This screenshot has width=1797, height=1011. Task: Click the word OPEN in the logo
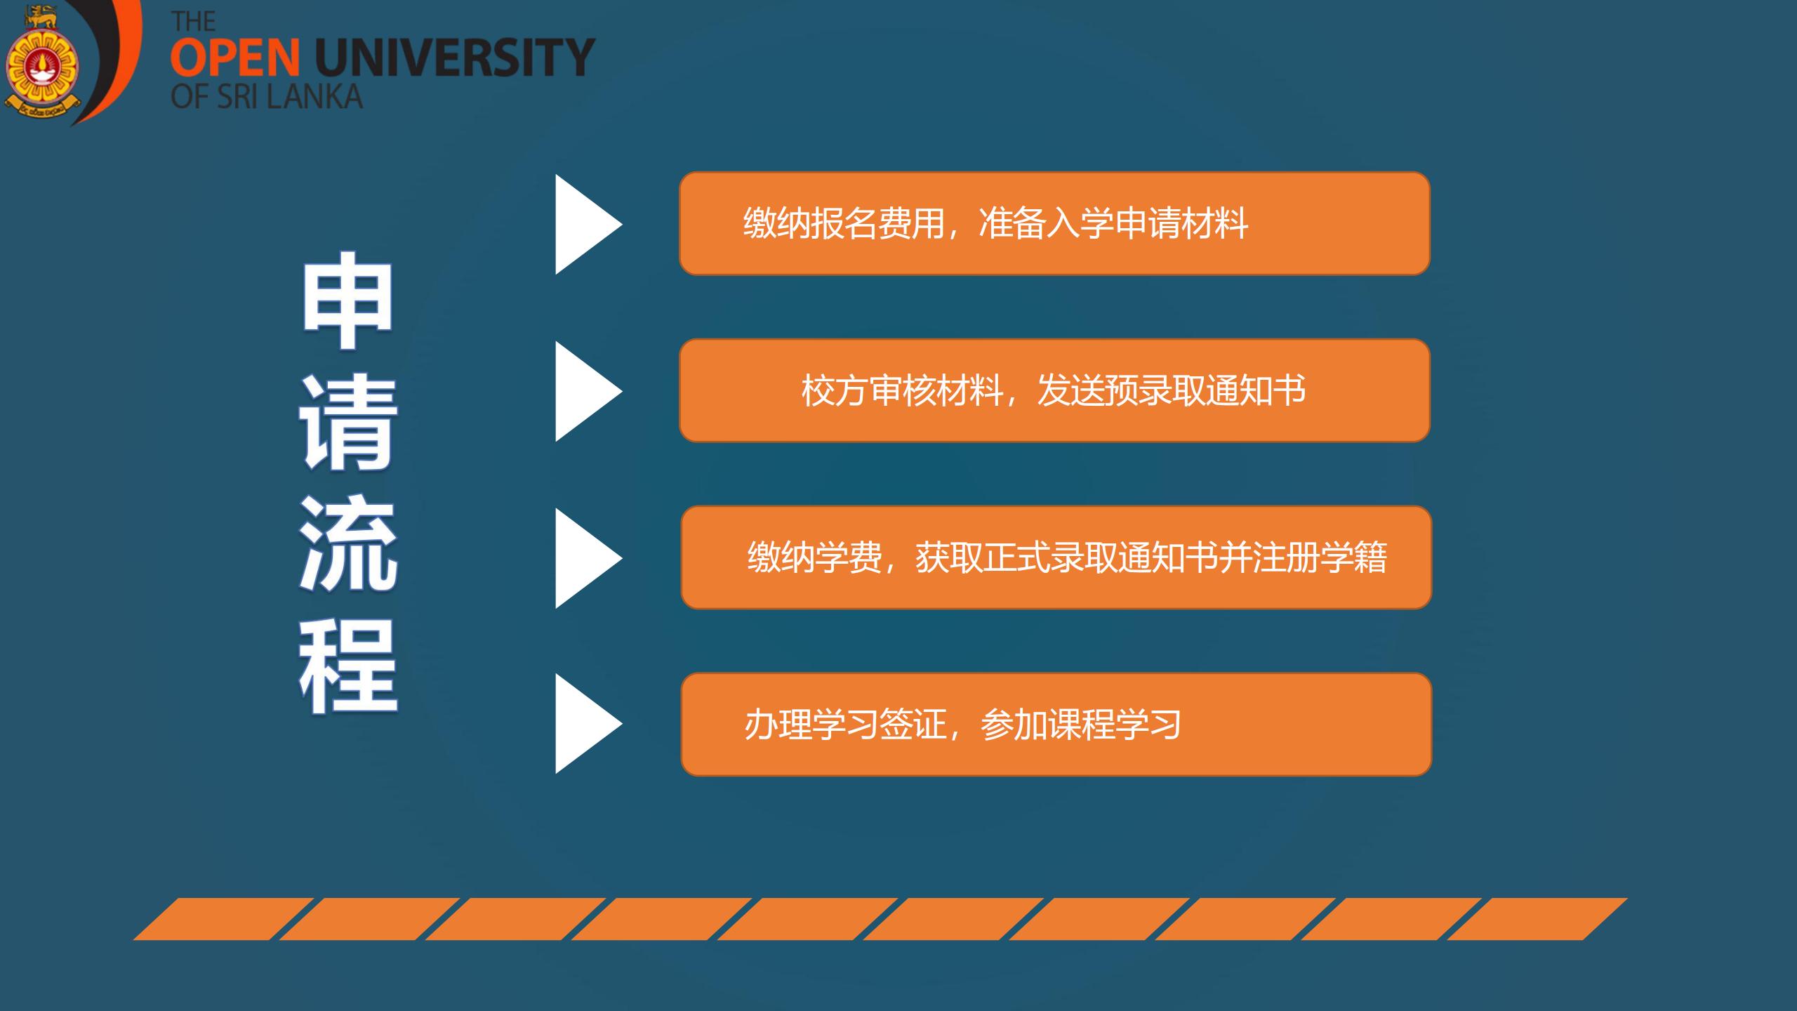coord(235,58)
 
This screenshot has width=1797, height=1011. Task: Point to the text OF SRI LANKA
coord(267,97)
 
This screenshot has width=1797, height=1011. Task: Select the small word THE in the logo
coord(193,22)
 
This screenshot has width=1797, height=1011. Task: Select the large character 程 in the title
coord(349,668)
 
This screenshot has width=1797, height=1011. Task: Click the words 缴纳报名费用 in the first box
coord(844,224)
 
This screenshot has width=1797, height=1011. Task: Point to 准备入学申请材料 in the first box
coord(1113,224)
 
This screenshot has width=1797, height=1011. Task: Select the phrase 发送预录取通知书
coord(1172,390)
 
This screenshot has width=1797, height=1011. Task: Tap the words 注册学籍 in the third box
coord(1320,558)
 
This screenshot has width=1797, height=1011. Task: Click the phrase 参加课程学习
coord(1080,725)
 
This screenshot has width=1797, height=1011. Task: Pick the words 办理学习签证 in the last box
coord(844,725)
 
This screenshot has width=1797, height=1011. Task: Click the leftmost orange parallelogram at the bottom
coord(224,918)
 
